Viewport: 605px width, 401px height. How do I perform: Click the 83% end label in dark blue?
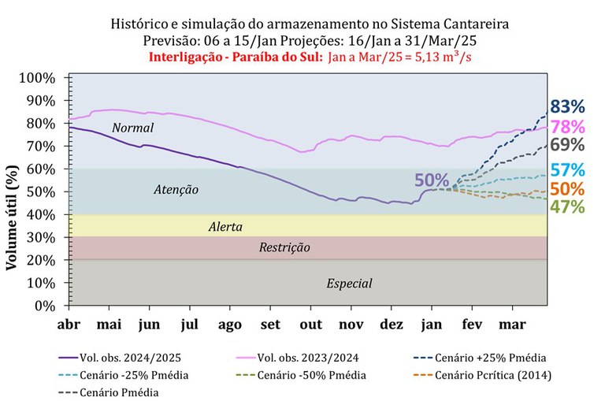click(x=567, y=106)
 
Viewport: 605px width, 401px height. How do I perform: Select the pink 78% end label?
click(x=567, y=127)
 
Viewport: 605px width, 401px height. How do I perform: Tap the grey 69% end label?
click(x=567, y=145)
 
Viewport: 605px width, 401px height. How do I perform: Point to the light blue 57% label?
click(x=567, y=170)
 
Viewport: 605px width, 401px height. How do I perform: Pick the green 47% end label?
click(x=567, y=207)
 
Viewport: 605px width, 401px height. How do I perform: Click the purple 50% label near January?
click(x=432, y=180)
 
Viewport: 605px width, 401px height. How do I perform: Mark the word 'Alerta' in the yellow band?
click(x=225, y=227)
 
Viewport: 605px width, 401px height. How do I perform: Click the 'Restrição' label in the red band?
click(x=284, y=248)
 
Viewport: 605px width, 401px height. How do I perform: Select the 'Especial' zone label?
click(x=349, y=284)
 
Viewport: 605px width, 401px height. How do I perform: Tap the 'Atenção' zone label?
click(x=175, y=190)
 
